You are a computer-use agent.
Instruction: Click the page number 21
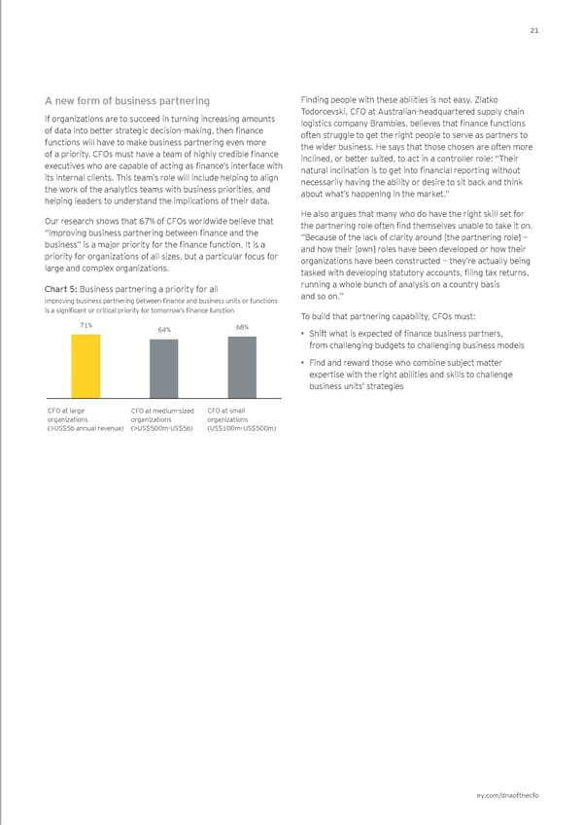533,30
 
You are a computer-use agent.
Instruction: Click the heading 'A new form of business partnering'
126,100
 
